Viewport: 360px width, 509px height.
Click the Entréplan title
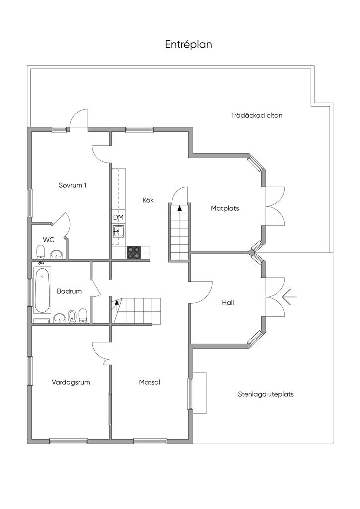tap(188, 44)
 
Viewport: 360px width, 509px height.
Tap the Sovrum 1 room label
tap(73, 185)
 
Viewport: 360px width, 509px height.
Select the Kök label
tap(148, 200)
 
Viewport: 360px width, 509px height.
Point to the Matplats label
tap(225, 208)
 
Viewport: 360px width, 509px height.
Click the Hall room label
tap(228, 303)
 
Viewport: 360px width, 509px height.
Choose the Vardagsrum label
tap(71, 382)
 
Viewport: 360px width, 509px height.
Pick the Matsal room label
tap(149, 382)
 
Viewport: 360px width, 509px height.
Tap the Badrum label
tap(69, 291)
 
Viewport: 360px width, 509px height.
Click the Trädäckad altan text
tap(257, 115)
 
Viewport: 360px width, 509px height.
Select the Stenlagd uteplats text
tap(266, 394)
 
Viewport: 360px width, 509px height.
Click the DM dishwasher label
tap(118, 218)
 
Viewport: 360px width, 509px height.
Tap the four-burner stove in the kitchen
tap(134, 253)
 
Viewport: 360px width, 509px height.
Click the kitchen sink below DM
tap(118, 231)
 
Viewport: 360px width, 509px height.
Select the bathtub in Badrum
tap(42, 290)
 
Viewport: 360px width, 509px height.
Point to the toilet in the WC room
tap(41, 252)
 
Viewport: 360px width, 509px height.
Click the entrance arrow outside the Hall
tap(289, 296)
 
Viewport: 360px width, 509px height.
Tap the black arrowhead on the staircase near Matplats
tap(180, 208)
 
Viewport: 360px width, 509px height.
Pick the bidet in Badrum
tap(72, 316)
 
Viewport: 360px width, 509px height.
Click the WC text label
tap(49, 240)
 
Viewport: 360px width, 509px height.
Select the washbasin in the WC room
tap(57, 254)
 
